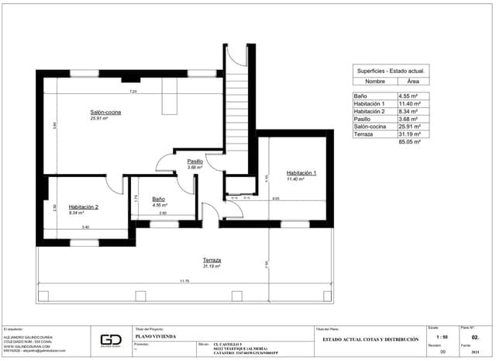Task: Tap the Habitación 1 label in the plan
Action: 301,172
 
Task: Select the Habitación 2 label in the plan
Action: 83,207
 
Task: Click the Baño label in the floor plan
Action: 159,199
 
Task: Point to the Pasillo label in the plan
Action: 195,161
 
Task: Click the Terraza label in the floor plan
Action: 212,259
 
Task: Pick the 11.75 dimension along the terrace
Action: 184,281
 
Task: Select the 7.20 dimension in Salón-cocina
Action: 133,92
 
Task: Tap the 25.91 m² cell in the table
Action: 408,126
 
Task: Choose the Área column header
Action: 413,81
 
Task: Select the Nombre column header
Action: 375,81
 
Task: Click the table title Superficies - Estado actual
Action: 391,70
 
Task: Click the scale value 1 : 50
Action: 442,338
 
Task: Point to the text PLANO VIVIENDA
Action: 155,336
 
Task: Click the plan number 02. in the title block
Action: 476,338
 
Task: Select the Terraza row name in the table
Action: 363,134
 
